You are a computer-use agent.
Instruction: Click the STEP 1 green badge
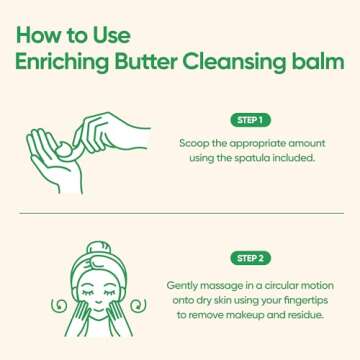click(249, 121)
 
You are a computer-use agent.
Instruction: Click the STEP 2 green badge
click(249, 258)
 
